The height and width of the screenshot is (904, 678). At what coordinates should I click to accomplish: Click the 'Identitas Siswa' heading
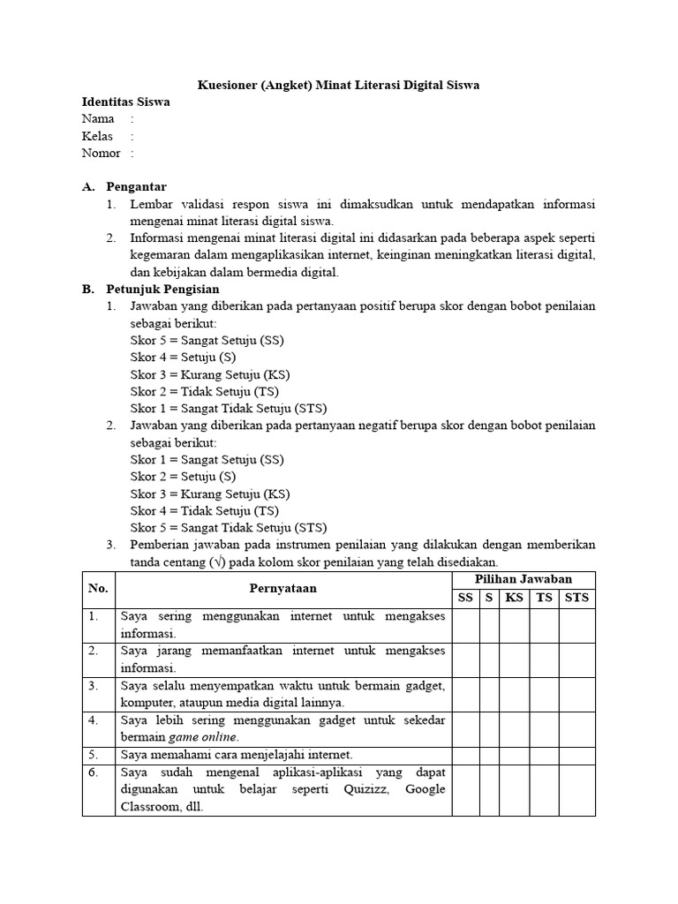(125, 102)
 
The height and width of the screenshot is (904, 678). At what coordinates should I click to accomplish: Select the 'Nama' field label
(98, 118)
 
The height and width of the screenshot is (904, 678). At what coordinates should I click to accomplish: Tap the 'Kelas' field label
(98, 136)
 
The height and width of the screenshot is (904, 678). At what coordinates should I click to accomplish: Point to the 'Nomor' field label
(101, 153)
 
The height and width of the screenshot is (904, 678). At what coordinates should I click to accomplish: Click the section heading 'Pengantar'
(136, 187)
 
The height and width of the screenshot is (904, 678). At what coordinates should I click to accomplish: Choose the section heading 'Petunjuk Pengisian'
(162, 290)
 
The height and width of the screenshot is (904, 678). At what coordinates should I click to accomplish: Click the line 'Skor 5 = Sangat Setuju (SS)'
(207, 341)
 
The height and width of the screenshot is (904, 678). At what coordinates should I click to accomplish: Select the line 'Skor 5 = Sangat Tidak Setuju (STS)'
(228, 528)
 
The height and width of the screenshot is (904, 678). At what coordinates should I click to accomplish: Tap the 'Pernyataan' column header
(282, 588)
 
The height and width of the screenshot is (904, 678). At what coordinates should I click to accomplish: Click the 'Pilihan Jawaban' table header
(524, 579)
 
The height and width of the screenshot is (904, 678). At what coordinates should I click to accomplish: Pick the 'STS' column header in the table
(576, 598)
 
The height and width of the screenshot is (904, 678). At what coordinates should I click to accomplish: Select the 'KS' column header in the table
(514, 598)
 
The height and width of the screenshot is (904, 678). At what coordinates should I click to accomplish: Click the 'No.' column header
(98, 588)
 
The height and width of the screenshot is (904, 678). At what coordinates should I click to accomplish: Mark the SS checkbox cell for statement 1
(464, 625)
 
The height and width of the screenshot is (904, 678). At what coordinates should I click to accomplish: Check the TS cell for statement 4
(544, 728)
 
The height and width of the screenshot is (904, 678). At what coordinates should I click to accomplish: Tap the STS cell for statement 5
(576, 754)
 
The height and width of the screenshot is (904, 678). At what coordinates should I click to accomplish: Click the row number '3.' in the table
(94, 686)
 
